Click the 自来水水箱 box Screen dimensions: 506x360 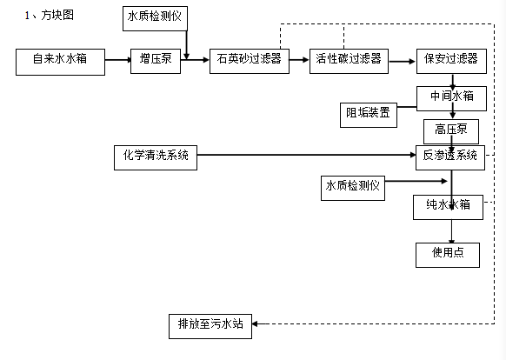[60, 62]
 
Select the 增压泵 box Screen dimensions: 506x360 [156, 61]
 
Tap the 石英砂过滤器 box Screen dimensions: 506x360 [250, 61]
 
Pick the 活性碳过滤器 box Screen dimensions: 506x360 [349, 61]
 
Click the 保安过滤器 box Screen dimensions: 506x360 [451, 61]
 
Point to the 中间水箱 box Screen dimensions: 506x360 [451, 98]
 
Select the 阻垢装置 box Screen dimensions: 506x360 [369, 116]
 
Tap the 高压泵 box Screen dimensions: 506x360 [451, 131]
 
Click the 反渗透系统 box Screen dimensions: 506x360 [450, 157]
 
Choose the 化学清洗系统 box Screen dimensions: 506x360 [156, 157]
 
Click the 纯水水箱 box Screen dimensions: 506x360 [449, 207]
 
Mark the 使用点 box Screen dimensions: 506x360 [448, 255]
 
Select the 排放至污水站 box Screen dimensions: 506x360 [210, 326]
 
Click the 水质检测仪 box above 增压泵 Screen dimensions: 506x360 [155, 19]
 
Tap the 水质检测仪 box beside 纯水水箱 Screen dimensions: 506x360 [353, 188]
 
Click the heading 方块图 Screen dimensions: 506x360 [57, 15]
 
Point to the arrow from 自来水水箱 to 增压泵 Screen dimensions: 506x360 [118, 60]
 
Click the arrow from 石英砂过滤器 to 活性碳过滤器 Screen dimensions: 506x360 [299, 60]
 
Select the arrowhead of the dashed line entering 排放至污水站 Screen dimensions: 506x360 [255, 323]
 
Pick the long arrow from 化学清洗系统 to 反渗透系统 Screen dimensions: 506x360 [306, 155]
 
